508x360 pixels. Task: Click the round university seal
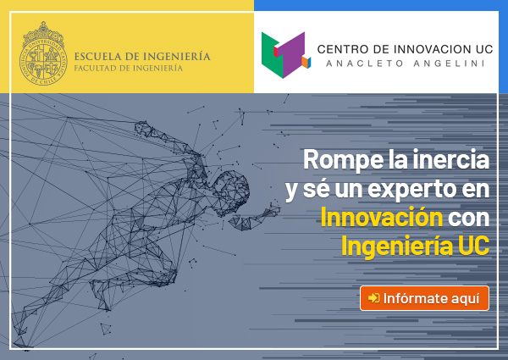pyautogui.click(x=43, y=54)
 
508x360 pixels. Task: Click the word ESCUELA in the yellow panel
pyautogui.click(x=97, y=57)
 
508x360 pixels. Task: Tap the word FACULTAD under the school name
pyautogui.click(x=94, y=69)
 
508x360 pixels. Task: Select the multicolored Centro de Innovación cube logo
pyautogui.click(x=286, y=55)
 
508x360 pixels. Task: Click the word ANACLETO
pyautogui.click(x=364, y=64)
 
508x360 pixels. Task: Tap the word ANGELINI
pyautogui.click(x=449, y=64)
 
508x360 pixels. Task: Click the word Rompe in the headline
pyautogui.click(x=343, y=159)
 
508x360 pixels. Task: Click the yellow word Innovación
pyautogui.click(x=381, y=217)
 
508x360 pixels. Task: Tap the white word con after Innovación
pyautogui.click(x=468, y=219)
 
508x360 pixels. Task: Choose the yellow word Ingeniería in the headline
pyautogui.click(x=397, y=246)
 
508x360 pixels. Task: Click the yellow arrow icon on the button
pyautogui.click(x=373, y=298)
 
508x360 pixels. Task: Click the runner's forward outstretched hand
pyautogui.click(x=272, y=210)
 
